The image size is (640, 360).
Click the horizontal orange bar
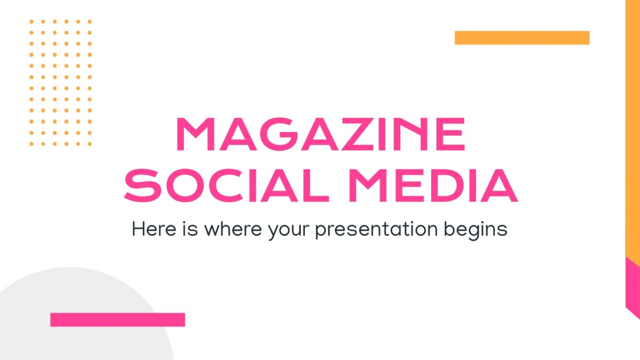point(522,38)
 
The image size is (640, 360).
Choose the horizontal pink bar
point(117,320)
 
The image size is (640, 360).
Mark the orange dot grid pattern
point(60,83)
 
